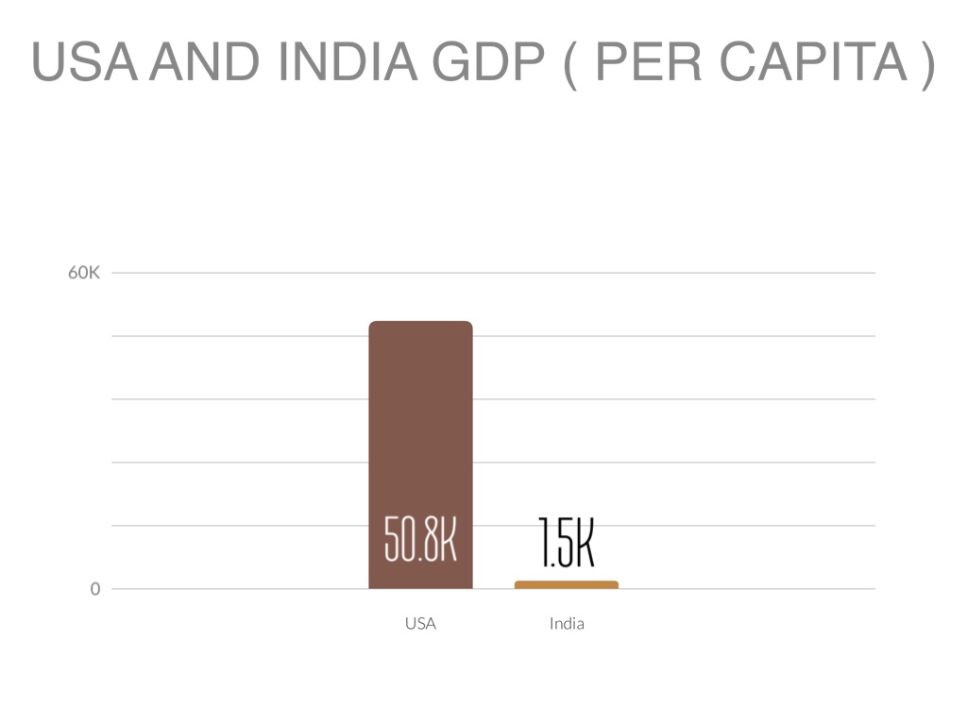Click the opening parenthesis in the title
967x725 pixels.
tap(568, 63)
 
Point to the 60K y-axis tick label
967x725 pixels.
tap(83, 273)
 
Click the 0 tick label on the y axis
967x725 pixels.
tap(94, 589)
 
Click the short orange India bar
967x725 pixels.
tap(567, 585)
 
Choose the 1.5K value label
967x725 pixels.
tap(567, 543)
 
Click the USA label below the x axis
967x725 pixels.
tap(420, 623)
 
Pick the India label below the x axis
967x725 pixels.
tap(567, 623)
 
